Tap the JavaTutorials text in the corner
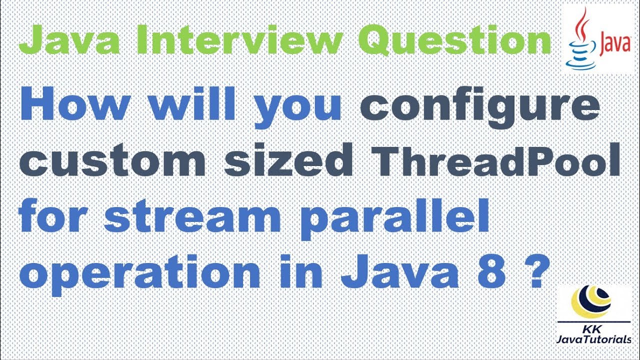(x=593, y=340)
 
